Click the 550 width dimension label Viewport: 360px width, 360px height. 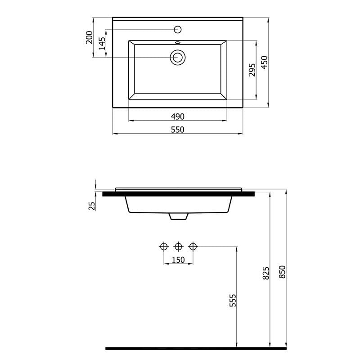177,130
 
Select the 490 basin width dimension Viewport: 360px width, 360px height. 177,117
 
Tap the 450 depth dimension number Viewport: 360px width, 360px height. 265,62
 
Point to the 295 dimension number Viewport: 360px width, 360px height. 252,70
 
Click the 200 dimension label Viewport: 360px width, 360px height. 89,37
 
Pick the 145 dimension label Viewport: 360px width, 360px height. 102,43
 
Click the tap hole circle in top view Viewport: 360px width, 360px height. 178,29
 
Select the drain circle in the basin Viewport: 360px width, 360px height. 177,57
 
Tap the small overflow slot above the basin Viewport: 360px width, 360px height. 178,42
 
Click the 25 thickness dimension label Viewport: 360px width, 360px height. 92,206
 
